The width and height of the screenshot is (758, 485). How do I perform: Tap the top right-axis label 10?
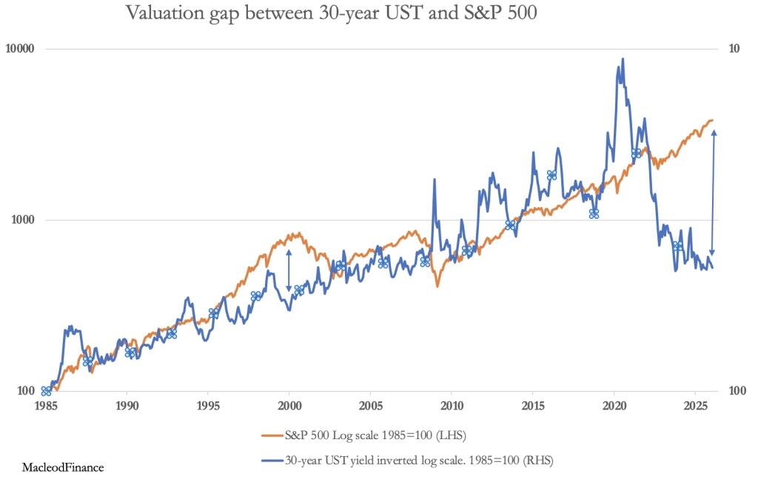735,49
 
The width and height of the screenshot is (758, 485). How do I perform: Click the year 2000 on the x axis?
289,406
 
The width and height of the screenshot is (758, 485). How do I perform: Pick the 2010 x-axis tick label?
452,406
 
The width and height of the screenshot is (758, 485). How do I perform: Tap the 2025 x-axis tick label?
695,406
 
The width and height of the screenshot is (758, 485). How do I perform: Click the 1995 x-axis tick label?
208,406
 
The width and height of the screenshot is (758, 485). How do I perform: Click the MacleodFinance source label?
63,467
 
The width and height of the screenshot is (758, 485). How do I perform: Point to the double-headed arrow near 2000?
289,271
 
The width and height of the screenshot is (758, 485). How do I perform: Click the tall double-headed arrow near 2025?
714,192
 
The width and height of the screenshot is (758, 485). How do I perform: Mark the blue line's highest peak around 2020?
623,59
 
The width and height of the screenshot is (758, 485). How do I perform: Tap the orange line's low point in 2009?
437,285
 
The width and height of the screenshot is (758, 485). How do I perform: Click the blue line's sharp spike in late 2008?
434,180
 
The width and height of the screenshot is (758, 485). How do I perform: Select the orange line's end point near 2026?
712,120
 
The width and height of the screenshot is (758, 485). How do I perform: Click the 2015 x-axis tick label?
533,406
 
